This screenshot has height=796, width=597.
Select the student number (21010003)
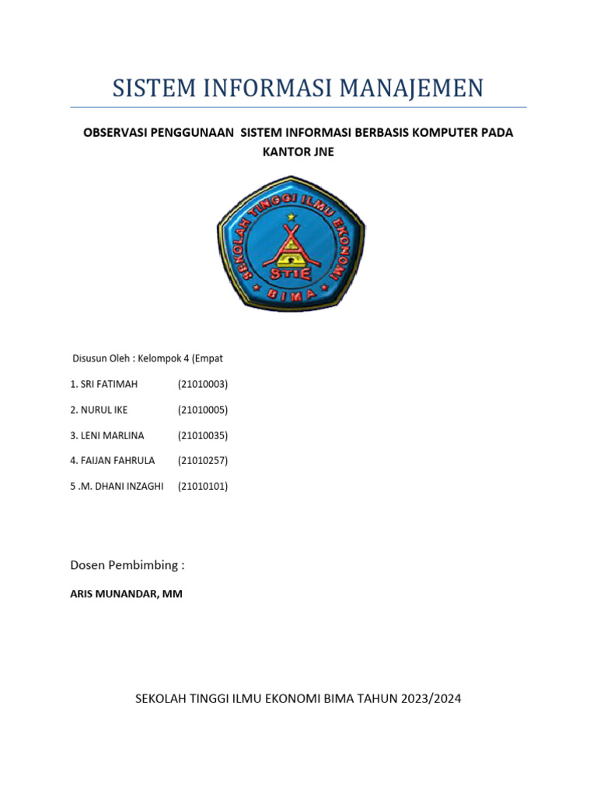pos(203,384)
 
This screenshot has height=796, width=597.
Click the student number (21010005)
pos(203,410)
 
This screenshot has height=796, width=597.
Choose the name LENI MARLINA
pos(113,435)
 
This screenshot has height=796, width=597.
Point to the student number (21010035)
pos(203,435)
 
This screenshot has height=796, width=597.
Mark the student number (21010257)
pos(203,461)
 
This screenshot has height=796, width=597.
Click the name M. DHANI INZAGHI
pos(122,487)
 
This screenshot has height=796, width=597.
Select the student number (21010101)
pos(203,487)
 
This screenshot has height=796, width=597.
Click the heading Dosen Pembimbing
pos(127,564)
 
